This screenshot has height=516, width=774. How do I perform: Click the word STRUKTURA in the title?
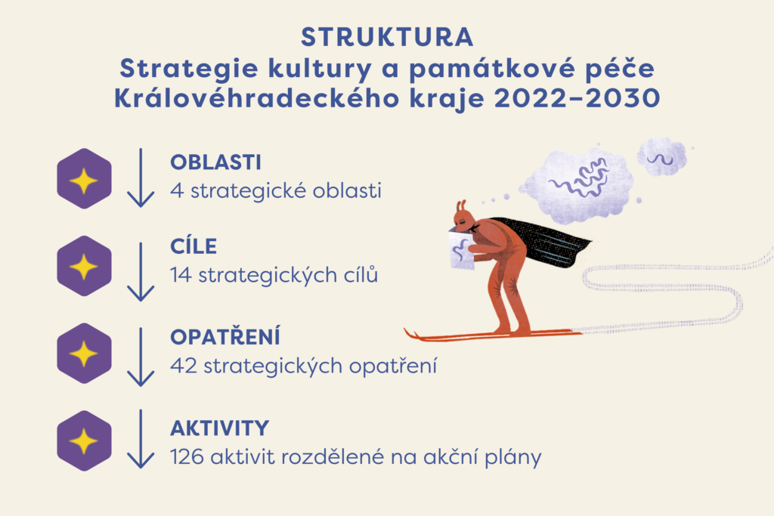pyautogui.click(x=387, y=38)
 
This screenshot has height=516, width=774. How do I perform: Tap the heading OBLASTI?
pyautogui.click(x=215, y=162)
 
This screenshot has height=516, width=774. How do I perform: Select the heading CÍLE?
pyautogui.click(x=193, y=246)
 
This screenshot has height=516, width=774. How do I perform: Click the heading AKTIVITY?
pyautogui.click(x=220, y=428)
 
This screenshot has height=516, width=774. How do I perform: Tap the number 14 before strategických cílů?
pyautogui.click(x=181, y=275)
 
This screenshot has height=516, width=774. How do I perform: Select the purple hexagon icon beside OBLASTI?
pyautogui.click(x=84, y=178)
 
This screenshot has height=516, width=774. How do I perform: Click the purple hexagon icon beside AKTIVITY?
pyautogui.click(x=84, y=441)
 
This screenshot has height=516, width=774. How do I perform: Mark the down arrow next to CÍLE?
pyautogui.click(x=141, y=272)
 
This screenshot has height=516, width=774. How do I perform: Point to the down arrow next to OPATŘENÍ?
pyautogui.click(x=141, y=357)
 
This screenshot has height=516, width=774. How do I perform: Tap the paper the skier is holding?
pyautogui.click(x=462, y=250)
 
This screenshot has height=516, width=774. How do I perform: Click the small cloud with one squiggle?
pyautogui.click(x=661, y=157)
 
